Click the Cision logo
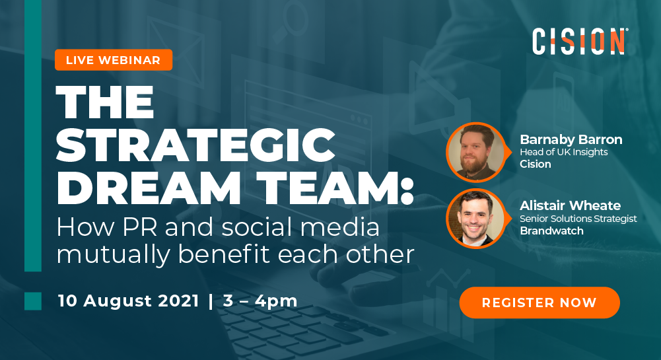[x=580, y=41]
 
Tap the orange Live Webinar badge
[x=113, y=60]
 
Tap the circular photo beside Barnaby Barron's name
[x=475, y=152]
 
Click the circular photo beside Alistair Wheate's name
[x=475, y=218]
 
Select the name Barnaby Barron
[x=571, y=139]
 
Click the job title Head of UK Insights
[x=563, y=152]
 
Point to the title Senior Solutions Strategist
[x=578, y=219]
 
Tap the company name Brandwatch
[x=552, y=231]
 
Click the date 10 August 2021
[x=128, y=301]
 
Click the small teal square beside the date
[x=33, y=301]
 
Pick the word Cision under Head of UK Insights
[x=535, y=164]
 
